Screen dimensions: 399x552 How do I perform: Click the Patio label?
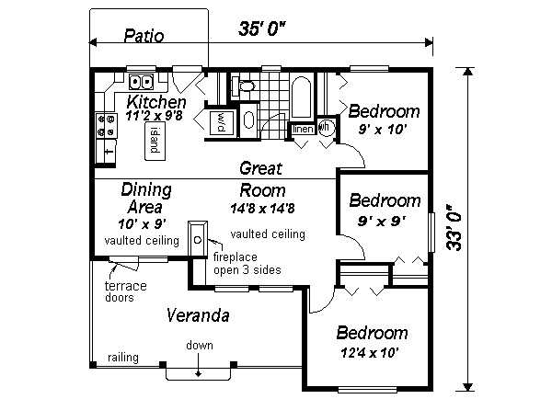point(144,37)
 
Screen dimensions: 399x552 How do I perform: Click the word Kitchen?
point(157,101)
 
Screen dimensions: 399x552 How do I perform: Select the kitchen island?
point(155,140)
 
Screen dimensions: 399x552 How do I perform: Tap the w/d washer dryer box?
point(221,122)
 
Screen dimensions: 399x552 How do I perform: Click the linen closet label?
point(303,130)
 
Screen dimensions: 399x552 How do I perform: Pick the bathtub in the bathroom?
point(300,100)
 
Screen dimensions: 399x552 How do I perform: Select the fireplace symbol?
point(196,237)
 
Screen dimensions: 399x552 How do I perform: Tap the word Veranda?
point(197,316)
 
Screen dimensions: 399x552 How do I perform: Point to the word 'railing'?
point(121,357)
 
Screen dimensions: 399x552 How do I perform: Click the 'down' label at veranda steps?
point(200,346)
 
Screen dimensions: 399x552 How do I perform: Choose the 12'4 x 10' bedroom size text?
point(371,352)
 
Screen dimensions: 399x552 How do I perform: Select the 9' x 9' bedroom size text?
point(381,221)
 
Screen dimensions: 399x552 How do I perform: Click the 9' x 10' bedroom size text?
point(383,131)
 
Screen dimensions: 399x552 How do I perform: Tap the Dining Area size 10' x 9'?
point(142,223)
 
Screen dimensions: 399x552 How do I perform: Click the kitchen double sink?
point(141,80)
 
